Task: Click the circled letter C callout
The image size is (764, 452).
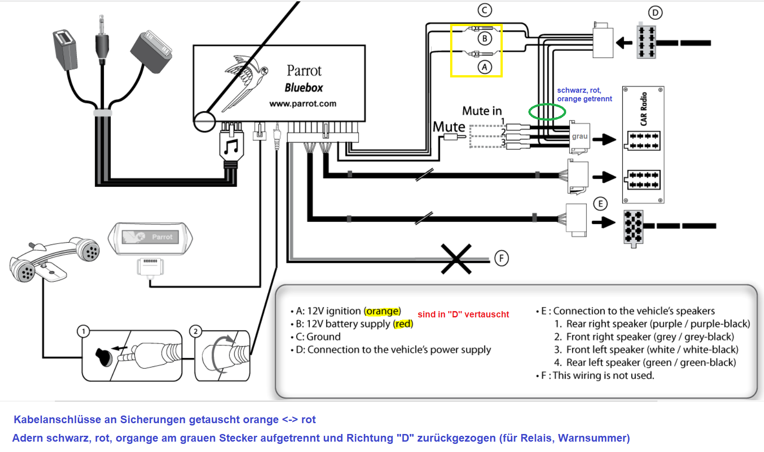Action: click(x=485, y=10)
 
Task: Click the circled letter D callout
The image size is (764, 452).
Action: click(x=655, y=13)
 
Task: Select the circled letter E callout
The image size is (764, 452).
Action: click(x=600, y=203)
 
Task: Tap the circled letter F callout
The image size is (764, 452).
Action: click(x=501, y=258)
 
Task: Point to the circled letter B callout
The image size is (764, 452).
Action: click(x=485, y=39)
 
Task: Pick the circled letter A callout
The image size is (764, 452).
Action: click(x=484, y=67)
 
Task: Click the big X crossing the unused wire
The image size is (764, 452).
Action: click(x=456, y=259)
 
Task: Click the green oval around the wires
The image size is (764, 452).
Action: click(x=547, y=112)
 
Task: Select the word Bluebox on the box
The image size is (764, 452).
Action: click(x=304, y=88)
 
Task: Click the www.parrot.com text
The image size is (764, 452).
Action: click(x=303, y=104)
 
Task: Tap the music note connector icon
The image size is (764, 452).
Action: click(x=232, y=147)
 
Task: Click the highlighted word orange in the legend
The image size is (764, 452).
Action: click(x=382, y=311)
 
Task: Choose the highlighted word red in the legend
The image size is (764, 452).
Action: click(x=403, y=324)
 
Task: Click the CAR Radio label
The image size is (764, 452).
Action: click(x=644, y=109)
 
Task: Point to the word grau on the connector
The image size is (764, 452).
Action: click(x=580, y=136)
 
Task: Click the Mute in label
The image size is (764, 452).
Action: click(x=482, y=111)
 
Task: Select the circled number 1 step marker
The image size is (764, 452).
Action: click(x=83, y=331)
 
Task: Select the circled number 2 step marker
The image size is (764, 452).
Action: click(x=195, y=331)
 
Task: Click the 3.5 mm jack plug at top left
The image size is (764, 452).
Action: click(x=102, y=41)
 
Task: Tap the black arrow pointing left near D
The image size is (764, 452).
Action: click(x=624, y=43)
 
